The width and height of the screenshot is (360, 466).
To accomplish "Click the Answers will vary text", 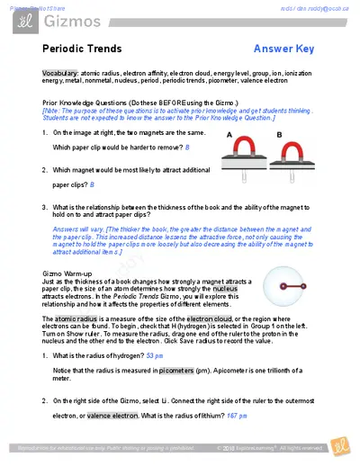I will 78,229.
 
